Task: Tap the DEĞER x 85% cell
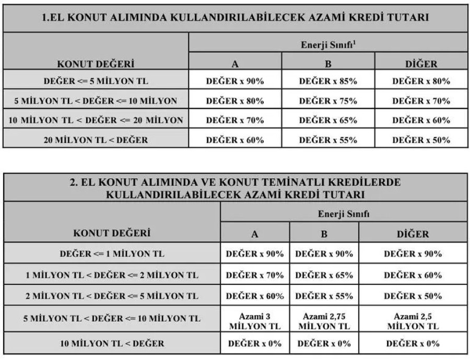328,81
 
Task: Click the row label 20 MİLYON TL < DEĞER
96,140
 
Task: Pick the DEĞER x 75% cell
328,100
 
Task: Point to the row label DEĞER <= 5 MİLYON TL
96,81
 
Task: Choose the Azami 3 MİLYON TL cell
255,321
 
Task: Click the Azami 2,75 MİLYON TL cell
324,321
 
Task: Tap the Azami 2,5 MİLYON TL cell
413,321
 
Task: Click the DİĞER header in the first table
421,65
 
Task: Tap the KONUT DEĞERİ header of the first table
96,65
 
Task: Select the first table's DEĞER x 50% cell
421,140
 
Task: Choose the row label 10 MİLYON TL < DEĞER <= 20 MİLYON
96,120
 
